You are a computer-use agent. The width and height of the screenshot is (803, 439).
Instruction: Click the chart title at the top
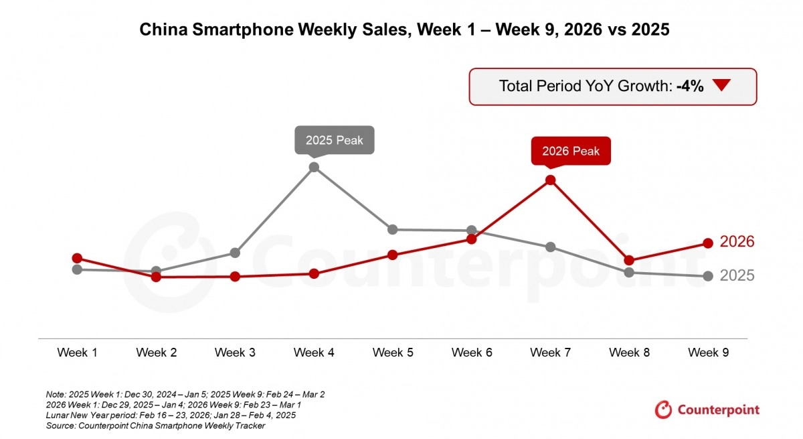click(404, 30)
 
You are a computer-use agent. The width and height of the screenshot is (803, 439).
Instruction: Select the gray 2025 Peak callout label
click(334, 140)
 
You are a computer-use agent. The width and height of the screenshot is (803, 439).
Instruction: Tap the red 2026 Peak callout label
click(570, 151)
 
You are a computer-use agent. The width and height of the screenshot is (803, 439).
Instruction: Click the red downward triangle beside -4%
click(722, 86)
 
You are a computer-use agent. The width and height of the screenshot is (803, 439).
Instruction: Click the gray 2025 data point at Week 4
click(314, 167)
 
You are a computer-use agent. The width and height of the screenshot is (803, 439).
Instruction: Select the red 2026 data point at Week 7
click(550, 180)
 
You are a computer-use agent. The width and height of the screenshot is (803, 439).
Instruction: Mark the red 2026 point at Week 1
click(77, 258)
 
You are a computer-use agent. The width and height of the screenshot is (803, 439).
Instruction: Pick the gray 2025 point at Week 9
click(708, 276)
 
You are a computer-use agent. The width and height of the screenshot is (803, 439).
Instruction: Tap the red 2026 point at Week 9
click(708, 243)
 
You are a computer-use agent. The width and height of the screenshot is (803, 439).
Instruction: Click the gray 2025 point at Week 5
click(393, 229)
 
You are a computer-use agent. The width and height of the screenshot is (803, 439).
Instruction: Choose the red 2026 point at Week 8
click(629, 260)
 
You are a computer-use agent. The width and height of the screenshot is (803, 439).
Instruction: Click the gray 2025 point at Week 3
click(235, 253)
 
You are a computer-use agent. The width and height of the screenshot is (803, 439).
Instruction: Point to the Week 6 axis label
click(472, 353)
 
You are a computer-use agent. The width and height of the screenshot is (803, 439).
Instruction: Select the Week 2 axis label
click(156, 353)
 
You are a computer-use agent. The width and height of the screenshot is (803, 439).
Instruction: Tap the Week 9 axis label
click(708, 353)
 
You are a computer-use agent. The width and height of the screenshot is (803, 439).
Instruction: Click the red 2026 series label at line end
click(737, 242)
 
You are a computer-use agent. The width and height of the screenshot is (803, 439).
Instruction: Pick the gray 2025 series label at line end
click(737, 275)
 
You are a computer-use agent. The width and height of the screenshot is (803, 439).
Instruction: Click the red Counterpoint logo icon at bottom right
click(663, 410)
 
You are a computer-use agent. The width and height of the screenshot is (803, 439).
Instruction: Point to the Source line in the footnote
click(156, 426)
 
